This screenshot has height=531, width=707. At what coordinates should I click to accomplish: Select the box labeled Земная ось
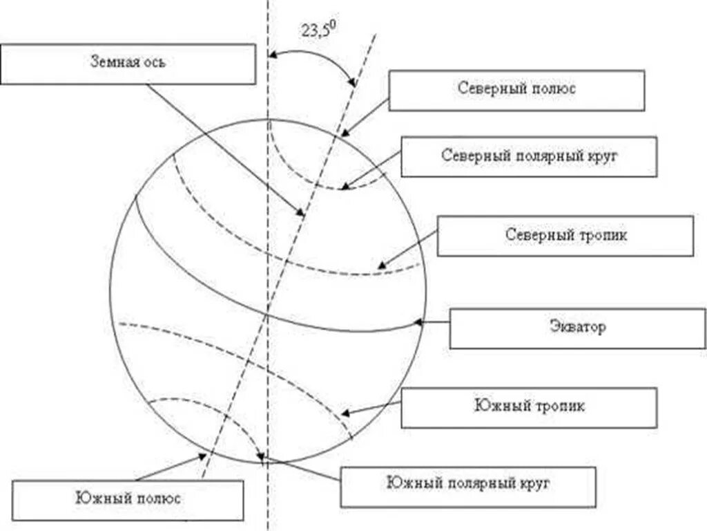point(128,64)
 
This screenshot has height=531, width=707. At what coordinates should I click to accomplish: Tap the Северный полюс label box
point(516,89)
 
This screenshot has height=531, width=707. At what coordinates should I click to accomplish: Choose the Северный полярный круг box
point(528,156)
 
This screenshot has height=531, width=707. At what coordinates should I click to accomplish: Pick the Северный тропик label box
point(565,235)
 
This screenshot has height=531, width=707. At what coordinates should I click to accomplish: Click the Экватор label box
point(577,328)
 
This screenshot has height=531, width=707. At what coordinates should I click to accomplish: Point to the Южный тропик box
point(529,407)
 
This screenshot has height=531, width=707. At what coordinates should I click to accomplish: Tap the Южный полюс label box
point(128,499)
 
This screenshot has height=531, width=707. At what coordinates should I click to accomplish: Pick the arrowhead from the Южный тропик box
point(346,413)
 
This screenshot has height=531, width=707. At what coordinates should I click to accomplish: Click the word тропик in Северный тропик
point(607,235)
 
